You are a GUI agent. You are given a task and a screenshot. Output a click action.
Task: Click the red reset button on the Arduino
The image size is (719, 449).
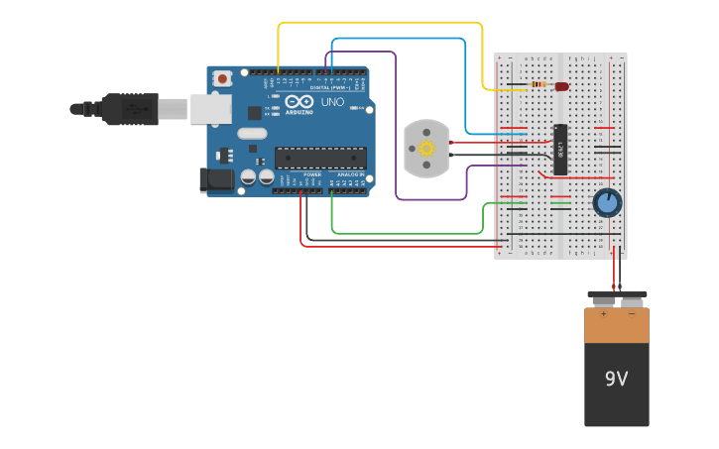coord(223,78)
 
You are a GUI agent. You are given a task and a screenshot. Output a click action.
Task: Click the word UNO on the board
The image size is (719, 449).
coord(332,102)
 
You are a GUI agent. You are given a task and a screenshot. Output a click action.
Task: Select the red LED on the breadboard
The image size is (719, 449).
coord(562,86)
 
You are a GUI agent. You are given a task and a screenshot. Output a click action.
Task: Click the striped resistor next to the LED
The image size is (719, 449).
coord(539,85)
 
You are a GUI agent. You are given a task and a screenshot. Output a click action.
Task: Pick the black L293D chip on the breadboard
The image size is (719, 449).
coord(560,149)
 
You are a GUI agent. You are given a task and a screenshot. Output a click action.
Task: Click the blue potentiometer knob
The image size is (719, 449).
coord(607,203)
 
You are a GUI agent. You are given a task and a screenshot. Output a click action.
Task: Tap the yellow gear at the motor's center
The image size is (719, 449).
coord(427,149)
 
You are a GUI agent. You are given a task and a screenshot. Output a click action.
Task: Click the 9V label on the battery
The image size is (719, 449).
coord(617,379)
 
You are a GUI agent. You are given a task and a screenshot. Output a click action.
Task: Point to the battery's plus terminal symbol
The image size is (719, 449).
coord(603,313)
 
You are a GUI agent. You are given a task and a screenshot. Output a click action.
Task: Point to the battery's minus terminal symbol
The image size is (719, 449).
coord(632,313)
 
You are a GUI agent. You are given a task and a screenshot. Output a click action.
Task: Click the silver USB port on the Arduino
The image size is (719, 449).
coord(210,109)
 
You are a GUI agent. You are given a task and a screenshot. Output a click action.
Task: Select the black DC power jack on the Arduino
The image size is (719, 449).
coord(216,179)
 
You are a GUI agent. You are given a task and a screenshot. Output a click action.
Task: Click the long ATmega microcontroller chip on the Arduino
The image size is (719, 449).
coord(319,157)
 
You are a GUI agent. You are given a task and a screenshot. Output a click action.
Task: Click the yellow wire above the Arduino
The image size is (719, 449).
coord(377,22)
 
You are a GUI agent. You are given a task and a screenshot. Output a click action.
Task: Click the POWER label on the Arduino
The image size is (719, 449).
coord(311,174)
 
